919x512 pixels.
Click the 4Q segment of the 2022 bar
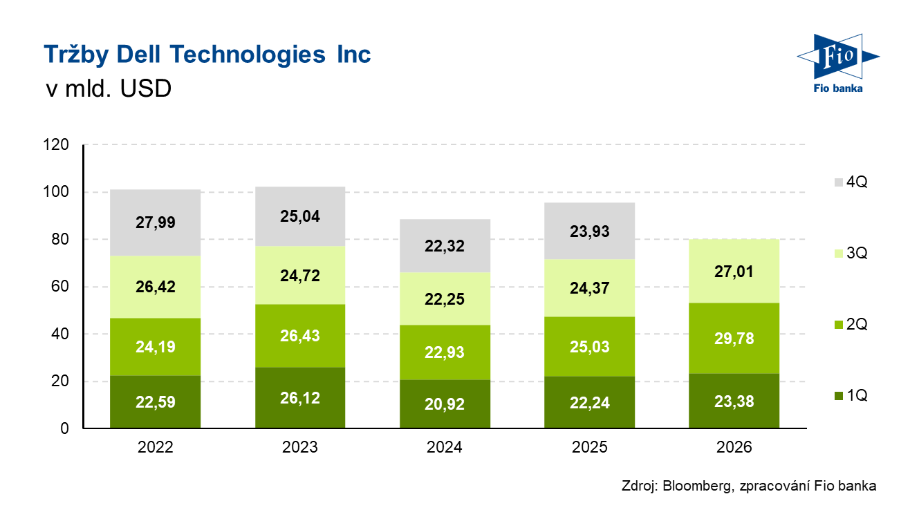pyautogui.click(x=156, y=222)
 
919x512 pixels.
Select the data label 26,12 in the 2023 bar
pyautogui.click(x=300, y=399)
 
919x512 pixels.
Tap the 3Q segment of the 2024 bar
pyautogui.click(x=445, y=298)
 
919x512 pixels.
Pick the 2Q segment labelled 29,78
pyautogui.click(x=734, y=338)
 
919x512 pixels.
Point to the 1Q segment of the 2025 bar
pyautogui.click(x=590, y=403)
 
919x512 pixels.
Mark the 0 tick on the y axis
pyautogui.click(x=66, y=428)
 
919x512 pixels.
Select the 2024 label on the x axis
pyautogui.click(x=445, y=448)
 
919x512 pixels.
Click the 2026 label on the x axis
pyautogui.click(x=734, y=448)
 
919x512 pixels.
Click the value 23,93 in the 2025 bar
pyautogui.click(x=590, y=231)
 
